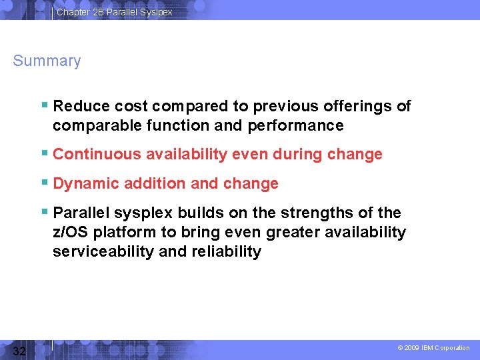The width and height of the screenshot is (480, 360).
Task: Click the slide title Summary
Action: [47, 61]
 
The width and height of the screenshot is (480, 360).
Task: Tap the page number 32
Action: [19, 351]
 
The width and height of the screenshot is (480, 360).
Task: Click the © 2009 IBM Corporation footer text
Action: [433, 348]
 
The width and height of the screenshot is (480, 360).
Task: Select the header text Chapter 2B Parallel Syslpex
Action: [114, 12]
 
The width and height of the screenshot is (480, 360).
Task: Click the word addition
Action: [151, 183]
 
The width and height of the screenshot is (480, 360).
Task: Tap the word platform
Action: [125, 233]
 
